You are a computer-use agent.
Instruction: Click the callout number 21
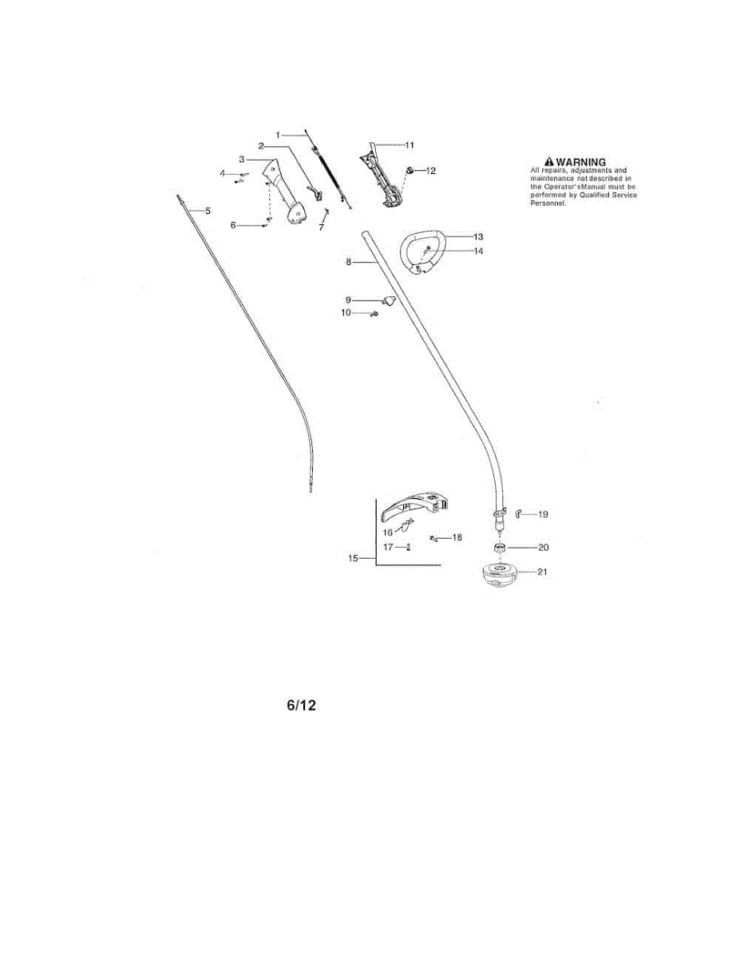pos(543,572)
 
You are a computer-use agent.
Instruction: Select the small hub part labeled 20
pos(500,548)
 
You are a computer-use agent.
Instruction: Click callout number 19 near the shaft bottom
pos(542,515)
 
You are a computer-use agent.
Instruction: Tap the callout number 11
pos(410,145)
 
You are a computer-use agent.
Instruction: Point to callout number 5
pos(208,211)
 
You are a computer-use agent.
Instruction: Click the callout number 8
pos(349,262)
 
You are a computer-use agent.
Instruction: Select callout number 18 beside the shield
pos(457,538)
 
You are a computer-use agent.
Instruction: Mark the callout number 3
pos(241,160)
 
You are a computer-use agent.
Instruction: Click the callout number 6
pos(233,225)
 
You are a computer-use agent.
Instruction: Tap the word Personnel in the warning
pos(548,203)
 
